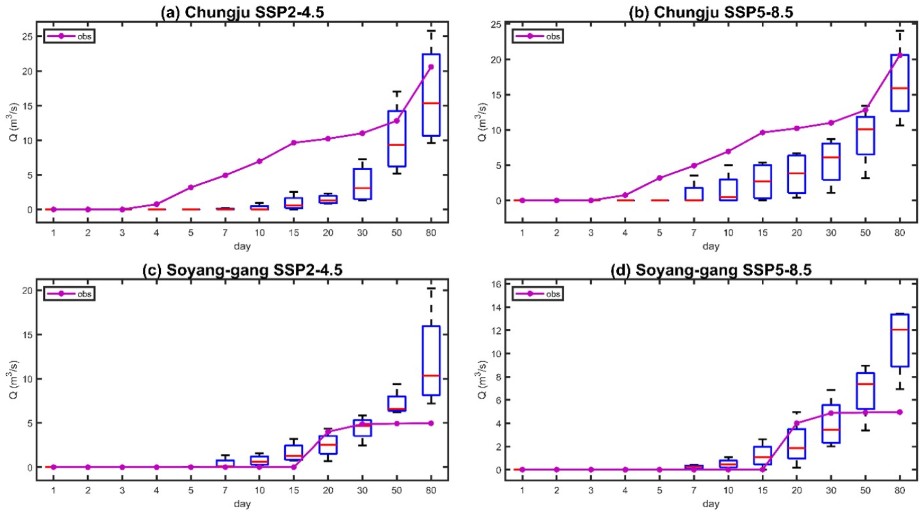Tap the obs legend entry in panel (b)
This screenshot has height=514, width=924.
(x=538, y=36)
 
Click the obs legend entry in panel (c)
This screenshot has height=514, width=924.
(x=69, y=294)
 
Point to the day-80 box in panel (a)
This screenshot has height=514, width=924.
(x=431, y=95)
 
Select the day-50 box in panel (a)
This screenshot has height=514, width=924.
(x=397, y=139)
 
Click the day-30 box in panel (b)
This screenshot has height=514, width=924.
(x=831, y=162)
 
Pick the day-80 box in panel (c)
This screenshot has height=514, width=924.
(x=431, y=360)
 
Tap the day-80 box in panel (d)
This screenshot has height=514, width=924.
(x=899, y=340)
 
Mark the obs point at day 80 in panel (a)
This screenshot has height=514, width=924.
(x=431, y=67)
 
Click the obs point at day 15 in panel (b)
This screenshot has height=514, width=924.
(x=763, y=133)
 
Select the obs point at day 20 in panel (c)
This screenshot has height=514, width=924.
(x=328, y=432)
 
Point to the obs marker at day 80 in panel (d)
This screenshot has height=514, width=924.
(x=899, y=412)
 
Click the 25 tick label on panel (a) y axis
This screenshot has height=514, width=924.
(x=26, y=37)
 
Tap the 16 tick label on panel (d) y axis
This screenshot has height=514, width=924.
(x=495, y=284)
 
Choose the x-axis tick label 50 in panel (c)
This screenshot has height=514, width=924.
(x=397, y=490)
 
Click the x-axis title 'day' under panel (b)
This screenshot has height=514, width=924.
(x=710, y=246)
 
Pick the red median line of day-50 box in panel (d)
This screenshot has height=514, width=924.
(x=865, y=384)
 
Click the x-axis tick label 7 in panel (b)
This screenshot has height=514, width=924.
(x=694, y=233)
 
